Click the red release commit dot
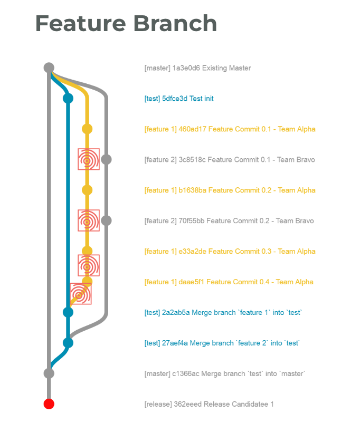(49, 404)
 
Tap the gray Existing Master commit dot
(49, 68)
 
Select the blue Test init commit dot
(68, 98)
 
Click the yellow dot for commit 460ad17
(87, 129)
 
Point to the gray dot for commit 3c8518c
(106, 159)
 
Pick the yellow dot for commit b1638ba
(87, 190)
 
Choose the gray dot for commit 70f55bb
(106, 220)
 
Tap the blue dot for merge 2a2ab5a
(68, 312)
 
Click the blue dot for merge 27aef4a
(68, 343)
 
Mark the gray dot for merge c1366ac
(49, 373)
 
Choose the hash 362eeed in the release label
(187, 405)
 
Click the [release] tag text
(157, 405)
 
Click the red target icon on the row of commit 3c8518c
(89, 159)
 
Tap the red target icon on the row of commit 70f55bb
(89, 220)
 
